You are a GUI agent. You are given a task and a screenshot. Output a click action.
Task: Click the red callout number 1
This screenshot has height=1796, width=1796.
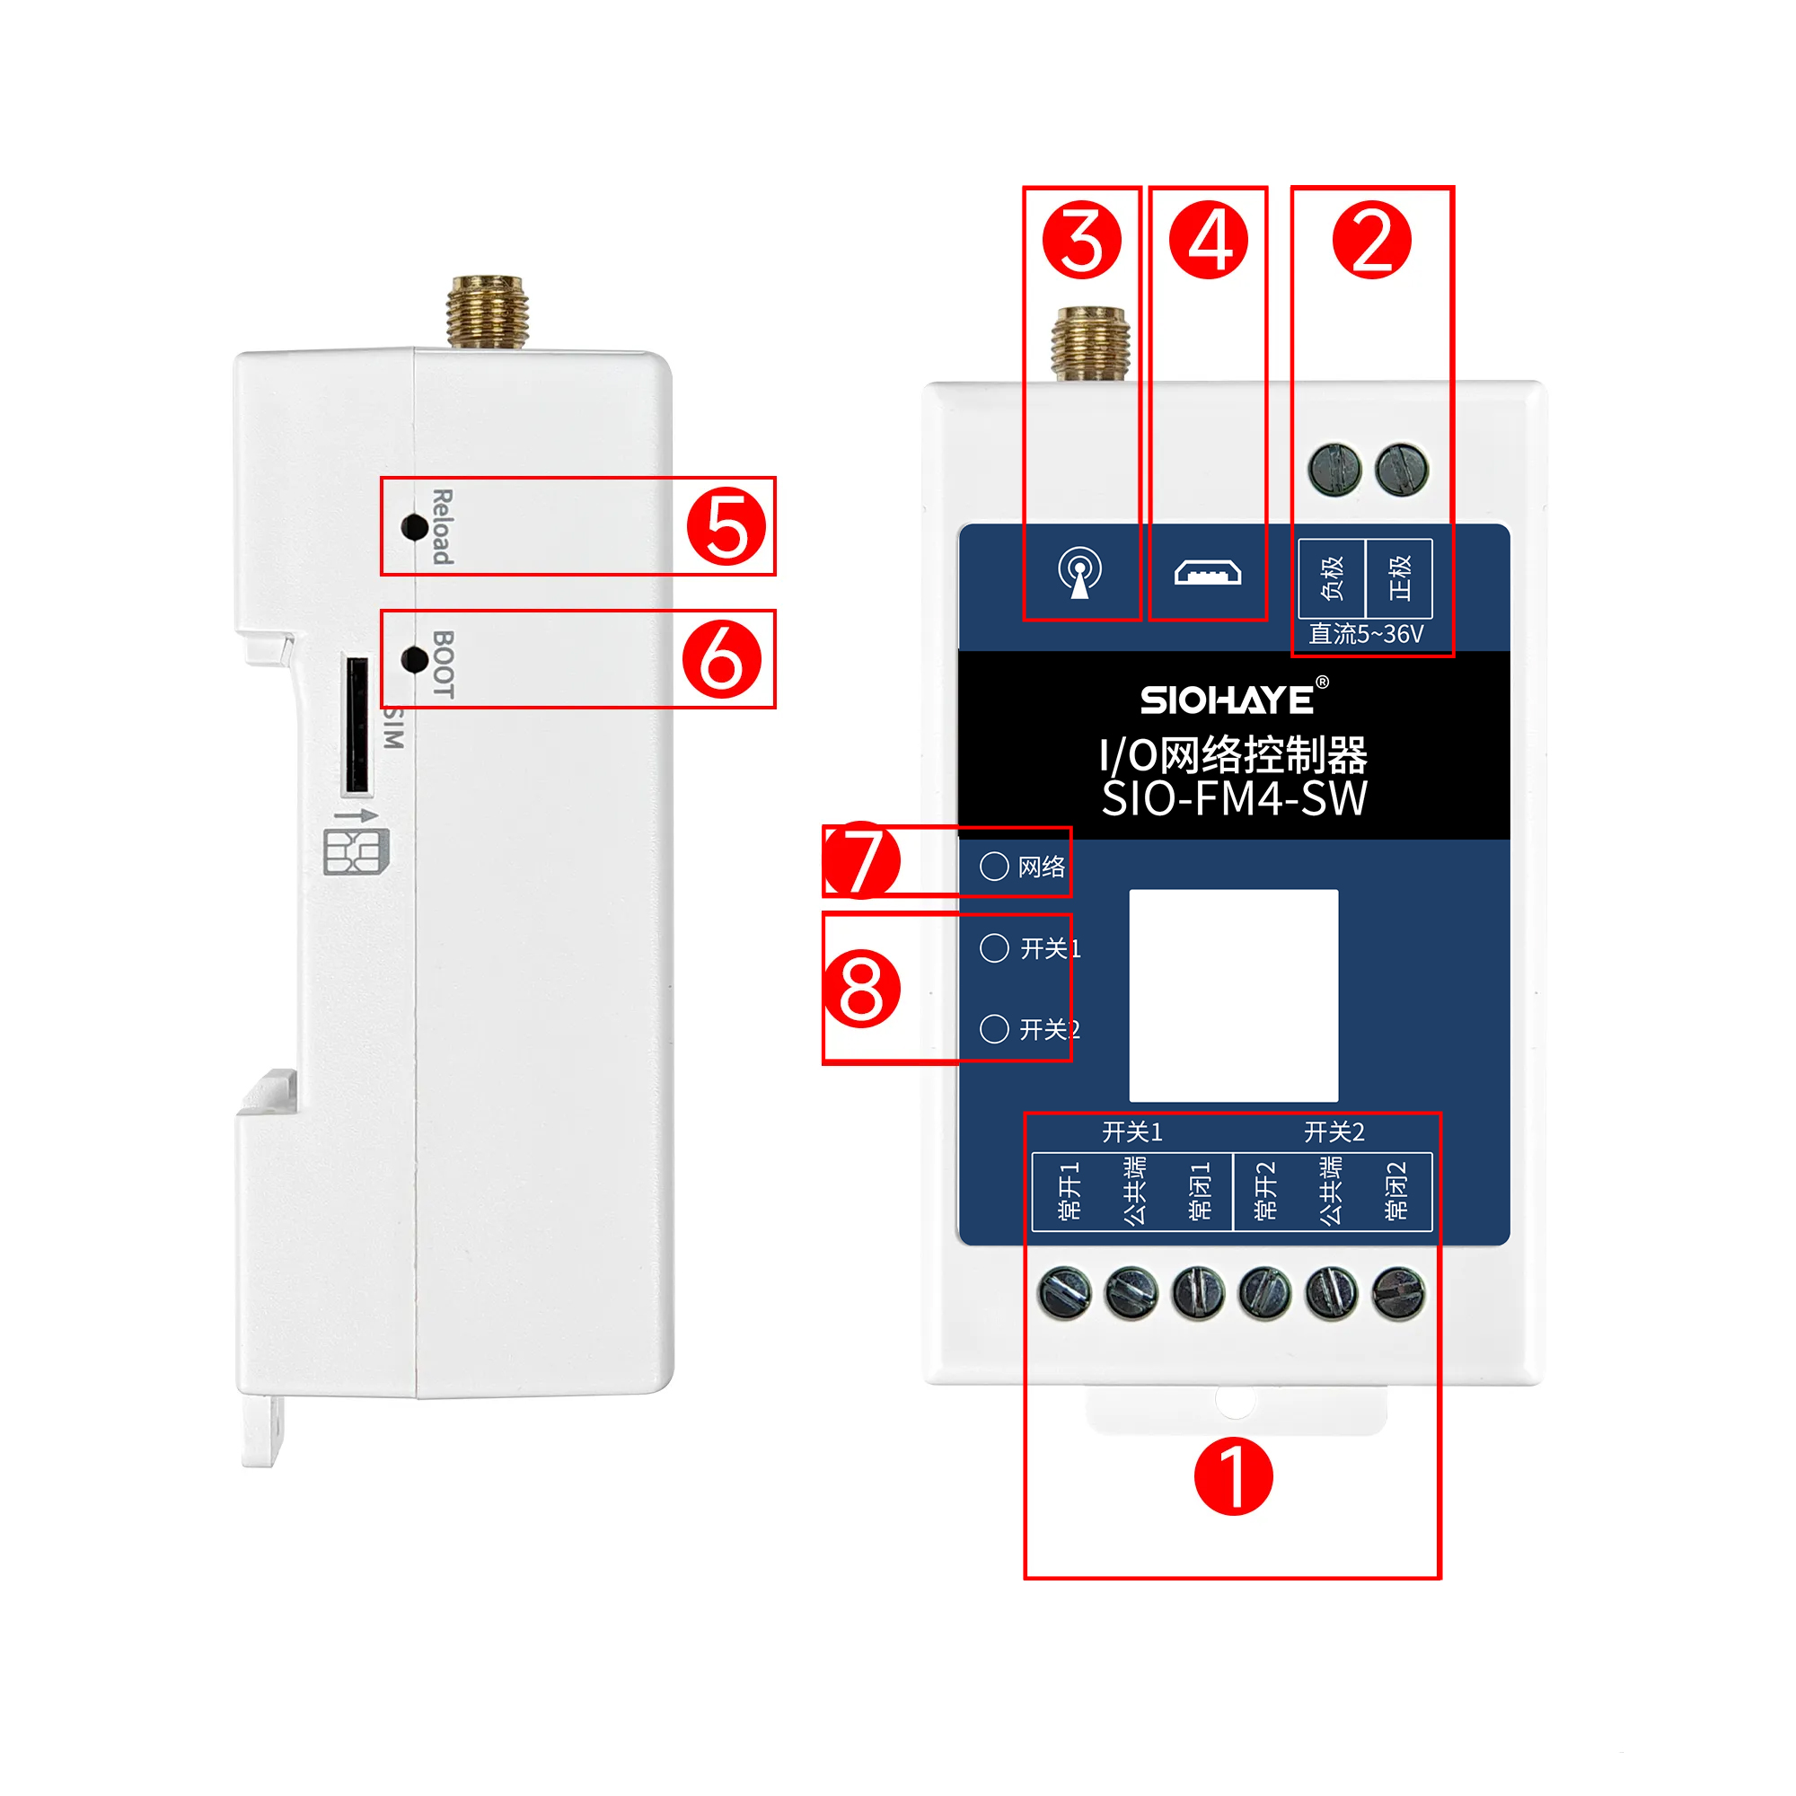click(1233, 1476)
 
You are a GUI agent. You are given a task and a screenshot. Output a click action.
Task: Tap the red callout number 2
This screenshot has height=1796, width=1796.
click(1372, 240)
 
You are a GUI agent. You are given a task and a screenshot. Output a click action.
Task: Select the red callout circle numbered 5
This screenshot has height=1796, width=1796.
click(726, 527)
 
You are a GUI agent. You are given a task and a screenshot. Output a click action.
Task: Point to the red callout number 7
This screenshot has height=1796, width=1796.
click(861, 859)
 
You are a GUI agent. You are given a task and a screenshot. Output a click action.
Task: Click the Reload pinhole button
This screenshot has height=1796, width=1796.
click(414, 527)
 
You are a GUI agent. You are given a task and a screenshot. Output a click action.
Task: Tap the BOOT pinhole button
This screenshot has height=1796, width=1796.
click(414, 659)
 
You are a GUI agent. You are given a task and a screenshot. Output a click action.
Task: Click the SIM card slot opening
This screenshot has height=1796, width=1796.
click(357, 726)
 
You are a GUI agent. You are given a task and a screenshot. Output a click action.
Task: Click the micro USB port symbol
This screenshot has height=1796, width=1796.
click(1208, 573)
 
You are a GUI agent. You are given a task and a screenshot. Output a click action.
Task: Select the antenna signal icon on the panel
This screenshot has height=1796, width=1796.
click(1080, 573)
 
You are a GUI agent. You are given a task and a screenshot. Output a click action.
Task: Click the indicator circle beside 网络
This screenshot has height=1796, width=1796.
click(994, 867)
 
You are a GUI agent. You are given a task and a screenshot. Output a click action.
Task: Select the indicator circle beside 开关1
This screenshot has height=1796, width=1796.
click(994, 947)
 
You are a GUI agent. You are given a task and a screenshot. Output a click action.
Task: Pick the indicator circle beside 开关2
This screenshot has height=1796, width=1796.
click(994, 1029)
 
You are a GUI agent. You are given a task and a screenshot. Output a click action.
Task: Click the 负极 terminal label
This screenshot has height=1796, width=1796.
click(1332, 577)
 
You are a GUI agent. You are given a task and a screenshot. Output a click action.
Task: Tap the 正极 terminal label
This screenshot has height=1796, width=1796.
click(1399, 577)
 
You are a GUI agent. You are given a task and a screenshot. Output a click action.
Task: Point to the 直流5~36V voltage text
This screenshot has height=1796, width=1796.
click(1366, 634)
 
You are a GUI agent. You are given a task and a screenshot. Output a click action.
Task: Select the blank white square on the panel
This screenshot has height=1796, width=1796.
click(1234, 996)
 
